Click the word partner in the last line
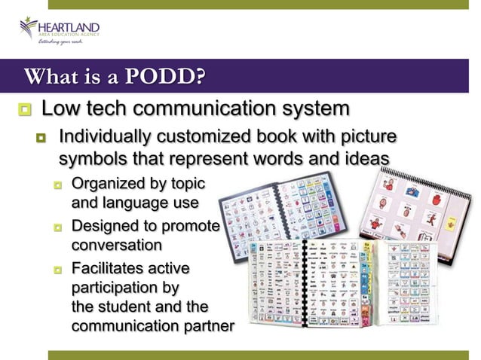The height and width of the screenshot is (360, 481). click(208, 328)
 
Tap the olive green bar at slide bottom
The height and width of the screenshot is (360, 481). click(264, 354)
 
